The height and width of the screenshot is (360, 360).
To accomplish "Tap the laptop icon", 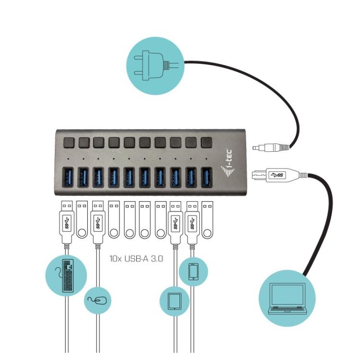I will tap(287, 299).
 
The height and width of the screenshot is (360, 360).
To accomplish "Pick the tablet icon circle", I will tap(174, 301).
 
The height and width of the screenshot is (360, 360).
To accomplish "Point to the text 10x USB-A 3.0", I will tap(136, 258).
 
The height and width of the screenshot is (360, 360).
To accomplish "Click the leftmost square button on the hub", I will tap(68, 143).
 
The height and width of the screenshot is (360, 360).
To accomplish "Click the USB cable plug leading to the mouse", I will tap(98, 222).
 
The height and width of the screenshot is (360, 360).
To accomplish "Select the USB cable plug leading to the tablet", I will tap(176, 222).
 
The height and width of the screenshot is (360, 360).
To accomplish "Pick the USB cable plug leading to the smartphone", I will tap(192, 222).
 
